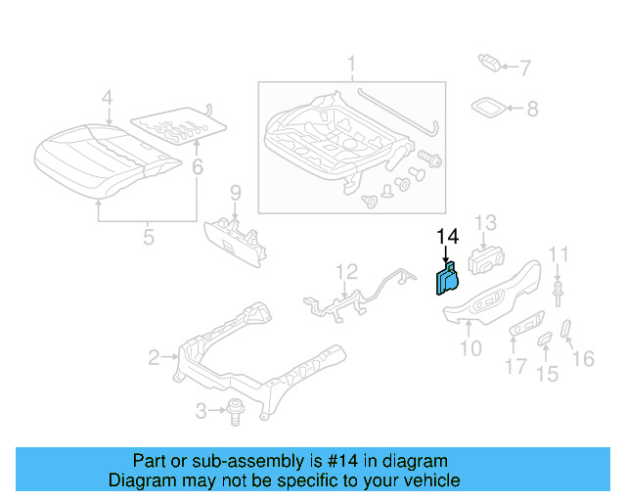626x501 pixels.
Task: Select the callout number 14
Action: (x=447, y=237)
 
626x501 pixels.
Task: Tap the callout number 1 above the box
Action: (x=350, y=67)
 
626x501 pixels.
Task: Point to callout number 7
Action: (x=525, y=68)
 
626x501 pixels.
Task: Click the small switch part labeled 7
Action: (x=490, y=64)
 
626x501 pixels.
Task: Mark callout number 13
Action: (x=486, y=224)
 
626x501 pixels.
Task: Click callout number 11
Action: (x=558, y=255)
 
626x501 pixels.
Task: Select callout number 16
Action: (x=583, y=359)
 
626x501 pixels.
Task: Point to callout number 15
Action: (x=547, y=373)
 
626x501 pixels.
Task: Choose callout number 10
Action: (x=470, y=346)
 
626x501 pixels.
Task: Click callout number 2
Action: (x=154, y=358)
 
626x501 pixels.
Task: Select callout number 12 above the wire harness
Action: (x=347, y=271)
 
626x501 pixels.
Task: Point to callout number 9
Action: (x=235, y=191)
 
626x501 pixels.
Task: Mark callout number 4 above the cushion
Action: (x=108, y=97)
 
